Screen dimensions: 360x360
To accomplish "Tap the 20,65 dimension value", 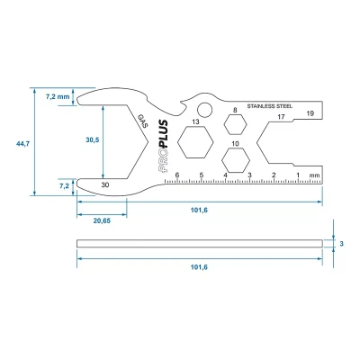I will (x=101, y=220).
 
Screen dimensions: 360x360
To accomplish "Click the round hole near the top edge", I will (x=204, y=110).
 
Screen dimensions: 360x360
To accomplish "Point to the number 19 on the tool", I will (x=309, y=114).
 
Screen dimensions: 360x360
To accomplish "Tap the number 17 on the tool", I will (x=281, y=117).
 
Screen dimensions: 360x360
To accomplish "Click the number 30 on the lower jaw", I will (x=106, y=184).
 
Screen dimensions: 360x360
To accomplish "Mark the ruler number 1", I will (x=297, y=175).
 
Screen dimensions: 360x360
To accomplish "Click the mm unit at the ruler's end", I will (x=313, y=175).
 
